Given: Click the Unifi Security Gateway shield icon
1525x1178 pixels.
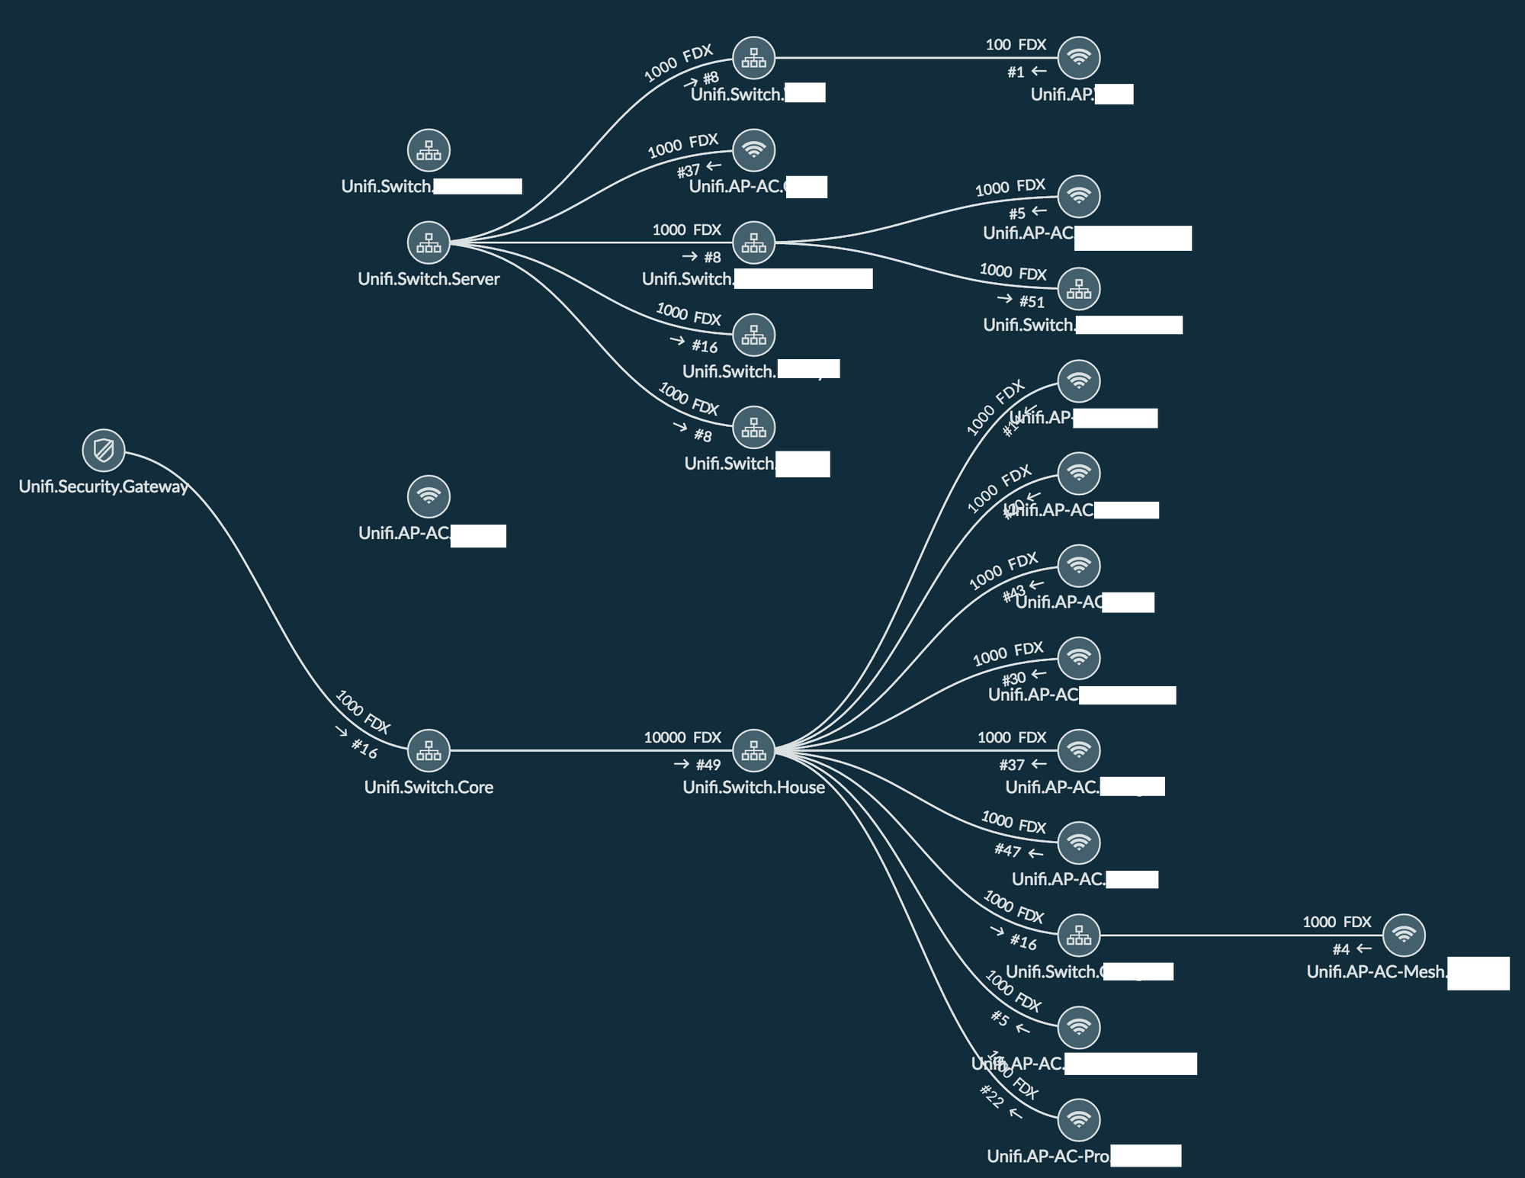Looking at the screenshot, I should tap(104, 450).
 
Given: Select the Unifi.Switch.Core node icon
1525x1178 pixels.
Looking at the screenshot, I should tap(429, 750).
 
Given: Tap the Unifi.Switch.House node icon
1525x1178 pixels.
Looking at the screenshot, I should tap(753, 750).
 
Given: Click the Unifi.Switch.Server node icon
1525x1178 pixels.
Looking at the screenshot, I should tap(429, 242).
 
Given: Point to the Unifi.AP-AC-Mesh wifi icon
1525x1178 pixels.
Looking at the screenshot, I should tap(1404, 935).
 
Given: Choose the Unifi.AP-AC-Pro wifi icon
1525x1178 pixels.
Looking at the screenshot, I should tap(1079, 1119).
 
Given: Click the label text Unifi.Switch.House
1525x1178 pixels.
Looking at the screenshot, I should tap(753, 787).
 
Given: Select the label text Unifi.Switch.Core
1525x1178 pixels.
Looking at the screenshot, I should tap(429, 787).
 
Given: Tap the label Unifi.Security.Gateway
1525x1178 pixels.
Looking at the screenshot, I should tap(104, 486).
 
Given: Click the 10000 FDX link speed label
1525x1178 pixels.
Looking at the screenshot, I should tap(682, 737).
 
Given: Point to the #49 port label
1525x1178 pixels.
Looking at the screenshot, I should tap(708, 765).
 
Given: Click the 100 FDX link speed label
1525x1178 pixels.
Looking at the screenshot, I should tap(1016, 45).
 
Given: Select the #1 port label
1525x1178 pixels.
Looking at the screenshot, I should tap(1016, 72).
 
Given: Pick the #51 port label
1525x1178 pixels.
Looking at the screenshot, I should tap(1032, 302).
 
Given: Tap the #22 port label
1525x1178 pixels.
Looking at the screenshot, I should tap(991, 1096).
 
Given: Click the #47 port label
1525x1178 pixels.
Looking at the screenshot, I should tap(1007, 849).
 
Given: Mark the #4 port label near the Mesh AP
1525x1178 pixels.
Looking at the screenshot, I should tap(1341, 949).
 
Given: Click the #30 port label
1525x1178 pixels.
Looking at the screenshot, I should tap(1013, 679).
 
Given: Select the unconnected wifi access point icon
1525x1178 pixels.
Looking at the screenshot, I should tap(429, 496).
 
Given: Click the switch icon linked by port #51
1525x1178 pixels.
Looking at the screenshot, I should tap(1079, 289).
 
